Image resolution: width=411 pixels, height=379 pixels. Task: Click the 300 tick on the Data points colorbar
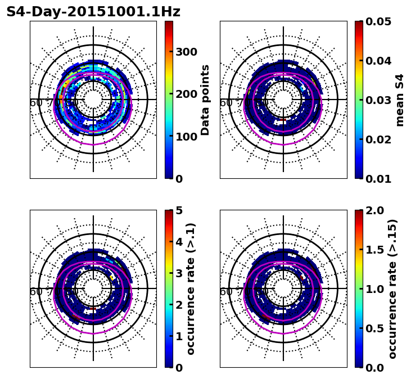tap(187, 52)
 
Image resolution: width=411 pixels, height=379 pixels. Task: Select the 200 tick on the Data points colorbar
tap(187, 94)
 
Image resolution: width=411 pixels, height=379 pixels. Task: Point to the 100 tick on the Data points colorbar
tap(187, 137)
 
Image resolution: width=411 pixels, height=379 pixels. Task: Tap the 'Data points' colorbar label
tap(205, 100)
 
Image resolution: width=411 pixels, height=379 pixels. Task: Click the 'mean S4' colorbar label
tap(400, 100)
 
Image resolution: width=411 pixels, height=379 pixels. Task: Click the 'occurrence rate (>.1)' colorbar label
tap(191, 289)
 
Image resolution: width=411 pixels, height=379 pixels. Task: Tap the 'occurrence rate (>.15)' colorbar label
tap(392, 289)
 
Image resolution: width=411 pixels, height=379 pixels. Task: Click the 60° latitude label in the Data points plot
tap(36, 103)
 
